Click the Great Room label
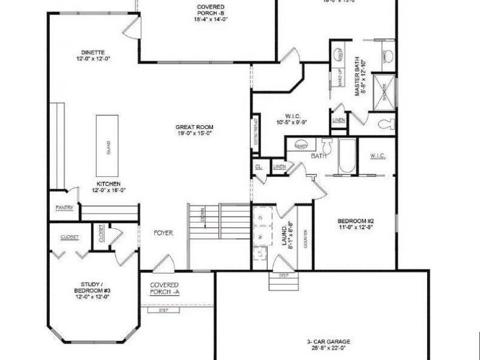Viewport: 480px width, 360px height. pos(194,130)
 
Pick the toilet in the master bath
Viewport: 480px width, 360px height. pos(385,124)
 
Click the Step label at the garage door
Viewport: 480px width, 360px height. pos(284,275)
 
